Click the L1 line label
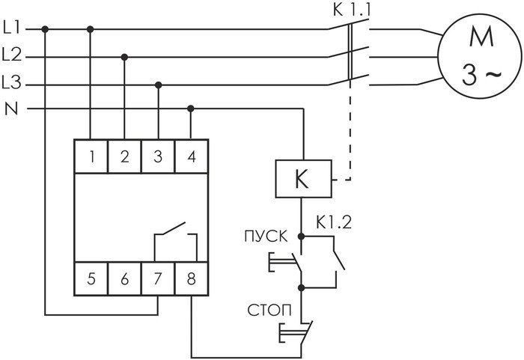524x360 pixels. point(12,29)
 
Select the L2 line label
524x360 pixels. point(12,55)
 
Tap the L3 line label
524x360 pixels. point(12,82)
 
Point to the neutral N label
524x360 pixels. point(10,109)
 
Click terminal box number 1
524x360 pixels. point(91,157)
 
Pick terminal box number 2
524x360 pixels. point(124,157)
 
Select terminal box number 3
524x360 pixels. point(158,157)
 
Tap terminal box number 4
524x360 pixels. point(191,157)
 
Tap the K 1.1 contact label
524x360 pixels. point(348,10)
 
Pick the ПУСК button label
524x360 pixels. point(263,237)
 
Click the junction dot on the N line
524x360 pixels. point(191,109)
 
